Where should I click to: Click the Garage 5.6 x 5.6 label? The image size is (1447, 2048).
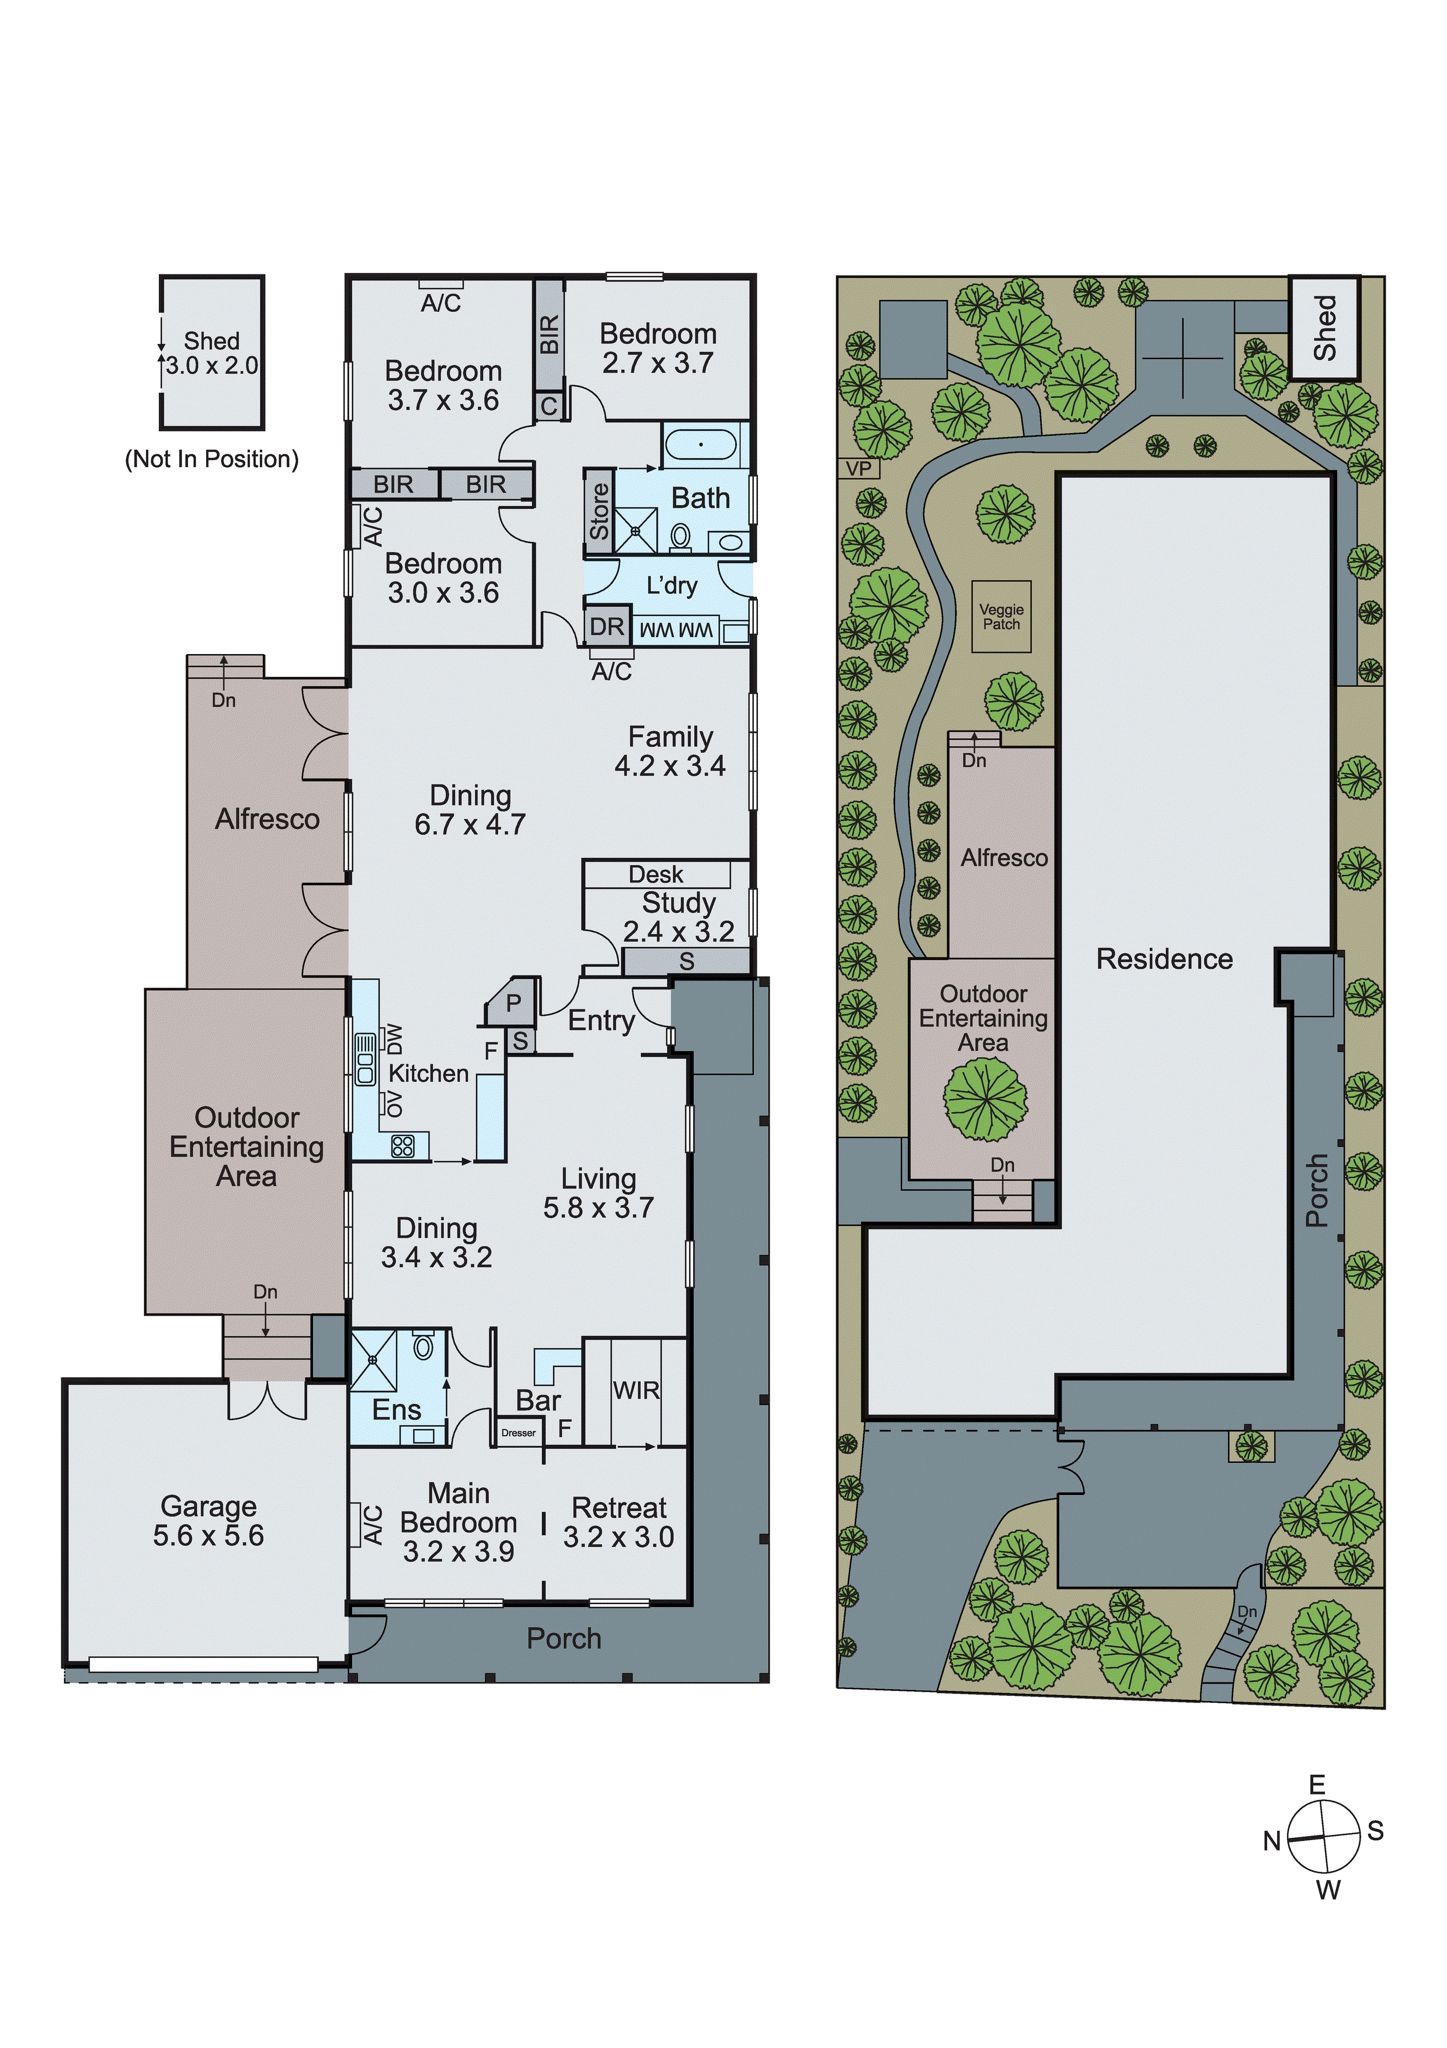(208, 1521)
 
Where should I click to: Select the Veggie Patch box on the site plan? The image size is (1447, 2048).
(1001, 616)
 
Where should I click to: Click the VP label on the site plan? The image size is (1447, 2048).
(858, 468)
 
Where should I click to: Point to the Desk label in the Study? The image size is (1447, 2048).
(656, 874)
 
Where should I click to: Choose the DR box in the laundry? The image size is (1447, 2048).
(607, 626)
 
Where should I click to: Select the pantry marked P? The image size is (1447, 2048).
(513, 1003)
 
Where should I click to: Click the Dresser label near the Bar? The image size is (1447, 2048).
(519, 1432)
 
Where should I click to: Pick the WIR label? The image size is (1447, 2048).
(636, 1390)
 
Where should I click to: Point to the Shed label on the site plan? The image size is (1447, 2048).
(1325, 328)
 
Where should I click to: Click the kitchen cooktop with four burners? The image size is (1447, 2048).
(402, 1145)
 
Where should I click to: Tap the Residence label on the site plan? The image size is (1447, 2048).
(1164, 959)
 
